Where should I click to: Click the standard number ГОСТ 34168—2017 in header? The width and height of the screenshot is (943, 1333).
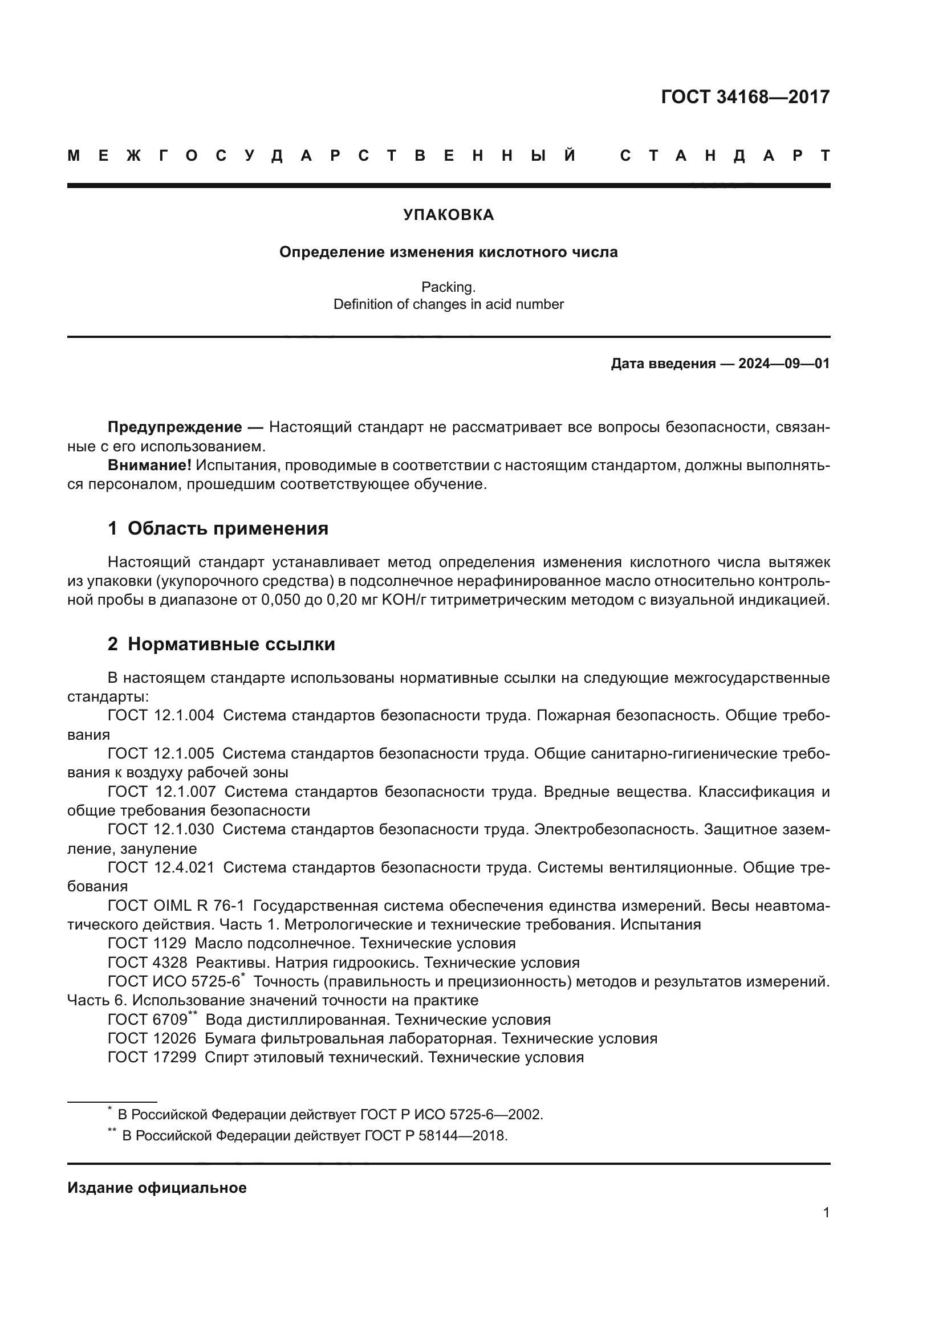(745, 97)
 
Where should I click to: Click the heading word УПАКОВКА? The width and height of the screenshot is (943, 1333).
(448, 215)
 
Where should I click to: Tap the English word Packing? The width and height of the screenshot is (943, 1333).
(448, 287)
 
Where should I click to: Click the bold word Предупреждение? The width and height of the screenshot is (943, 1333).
(175, 427)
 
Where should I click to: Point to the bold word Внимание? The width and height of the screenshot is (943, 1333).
(149, 465)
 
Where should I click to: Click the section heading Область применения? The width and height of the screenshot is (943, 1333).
(227, 528)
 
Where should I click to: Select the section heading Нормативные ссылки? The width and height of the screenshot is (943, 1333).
(231, 644)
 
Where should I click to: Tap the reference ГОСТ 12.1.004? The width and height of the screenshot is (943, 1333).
(161, 715)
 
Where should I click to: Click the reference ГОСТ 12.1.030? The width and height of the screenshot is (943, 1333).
(161, 829)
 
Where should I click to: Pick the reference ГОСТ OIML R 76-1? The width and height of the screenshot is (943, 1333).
(176, 905)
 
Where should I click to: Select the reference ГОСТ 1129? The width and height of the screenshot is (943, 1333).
(147, 943)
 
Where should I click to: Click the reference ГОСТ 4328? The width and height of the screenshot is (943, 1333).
(148, 963)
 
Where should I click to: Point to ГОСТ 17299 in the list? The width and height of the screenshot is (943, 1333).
(152, 1057)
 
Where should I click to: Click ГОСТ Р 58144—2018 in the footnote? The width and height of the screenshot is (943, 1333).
(436, 1136)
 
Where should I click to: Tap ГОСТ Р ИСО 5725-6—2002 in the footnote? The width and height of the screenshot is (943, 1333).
(451, 1115)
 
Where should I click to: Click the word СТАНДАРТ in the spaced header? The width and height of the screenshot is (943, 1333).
(725, 156)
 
